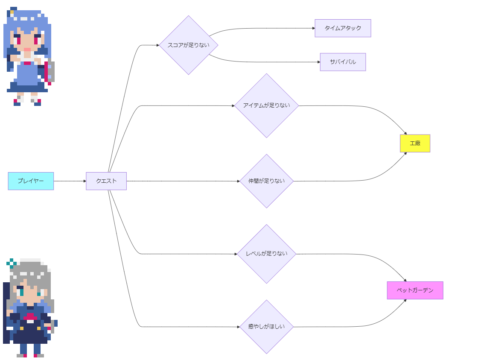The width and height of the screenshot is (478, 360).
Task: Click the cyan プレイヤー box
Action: pos(31,181)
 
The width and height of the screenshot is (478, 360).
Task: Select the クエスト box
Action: pos(106,181)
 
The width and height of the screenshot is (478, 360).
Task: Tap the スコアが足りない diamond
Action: pos(188,45)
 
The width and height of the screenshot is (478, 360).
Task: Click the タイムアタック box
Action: pos(343,28)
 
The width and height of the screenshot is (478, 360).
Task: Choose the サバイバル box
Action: pos(343,62)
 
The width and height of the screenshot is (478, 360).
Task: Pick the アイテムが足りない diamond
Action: pos(266,105)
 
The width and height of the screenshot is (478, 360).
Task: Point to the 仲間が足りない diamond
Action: pos(266,181)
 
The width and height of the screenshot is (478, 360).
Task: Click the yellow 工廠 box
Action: pos(415,143)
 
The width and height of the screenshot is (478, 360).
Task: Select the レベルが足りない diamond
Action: pos(266,254)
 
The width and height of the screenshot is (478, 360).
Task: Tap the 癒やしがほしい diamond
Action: pos(266,327)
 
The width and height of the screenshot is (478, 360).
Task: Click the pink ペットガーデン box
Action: pos(415,290)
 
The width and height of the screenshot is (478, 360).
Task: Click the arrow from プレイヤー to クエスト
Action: pos(70,181)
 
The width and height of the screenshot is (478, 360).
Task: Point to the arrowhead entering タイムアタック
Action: pos(313,28)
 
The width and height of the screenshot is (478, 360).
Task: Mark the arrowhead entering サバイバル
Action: pos(318,62)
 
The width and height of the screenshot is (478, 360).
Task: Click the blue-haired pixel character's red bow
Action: pos(27,63)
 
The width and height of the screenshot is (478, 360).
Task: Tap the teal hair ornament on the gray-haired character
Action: pos(12,263)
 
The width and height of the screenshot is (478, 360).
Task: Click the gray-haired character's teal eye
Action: pos(21,293)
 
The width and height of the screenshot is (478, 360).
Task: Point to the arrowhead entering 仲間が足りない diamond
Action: pos(238,181)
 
